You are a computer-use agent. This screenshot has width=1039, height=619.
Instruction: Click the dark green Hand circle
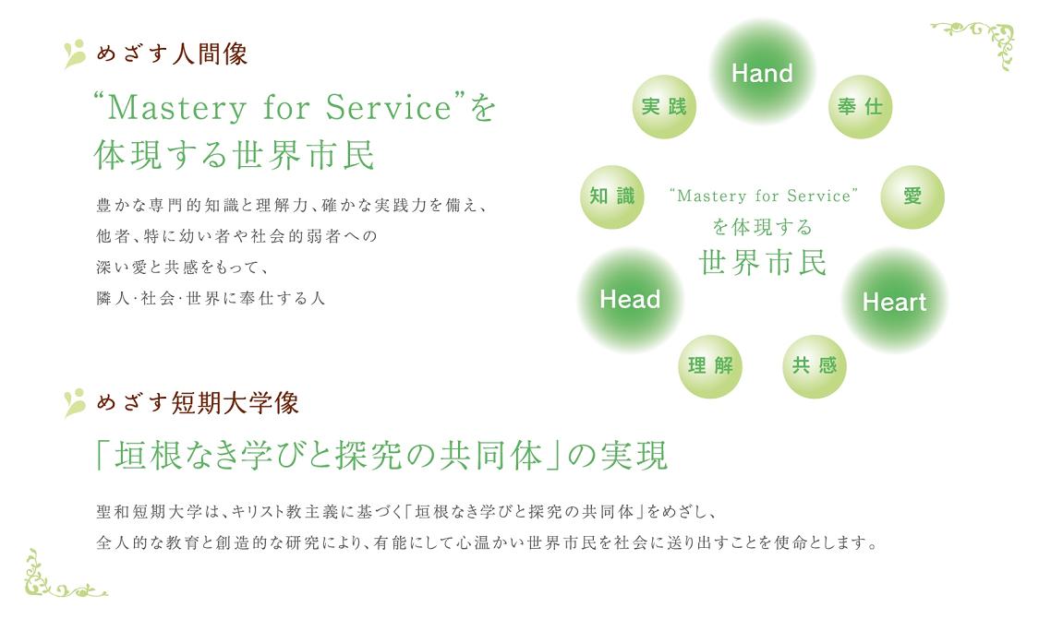pos(762,72)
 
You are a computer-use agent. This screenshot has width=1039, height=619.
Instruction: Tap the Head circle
pos(630,299)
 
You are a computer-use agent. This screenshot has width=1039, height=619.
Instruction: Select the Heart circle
pos(895,302)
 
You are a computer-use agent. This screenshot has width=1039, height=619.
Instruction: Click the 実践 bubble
pos(664,107)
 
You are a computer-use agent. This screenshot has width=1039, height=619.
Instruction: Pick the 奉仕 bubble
pos(860,107)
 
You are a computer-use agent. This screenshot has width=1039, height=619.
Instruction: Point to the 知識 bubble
pos(612,196)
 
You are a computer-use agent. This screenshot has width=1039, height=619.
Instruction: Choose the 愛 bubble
pos(912,196)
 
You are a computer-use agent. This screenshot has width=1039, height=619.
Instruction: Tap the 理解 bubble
pos(710,366)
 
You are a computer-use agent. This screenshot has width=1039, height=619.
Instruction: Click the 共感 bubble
pos(815,366)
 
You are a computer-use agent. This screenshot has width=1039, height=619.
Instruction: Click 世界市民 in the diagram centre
pos(763,263)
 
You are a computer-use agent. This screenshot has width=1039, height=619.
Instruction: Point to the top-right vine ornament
pos(974,43)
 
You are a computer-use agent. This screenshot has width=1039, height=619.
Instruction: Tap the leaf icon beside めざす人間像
pos(75,54)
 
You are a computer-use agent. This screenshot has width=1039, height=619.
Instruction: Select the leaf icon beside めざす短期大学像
pos(75,402)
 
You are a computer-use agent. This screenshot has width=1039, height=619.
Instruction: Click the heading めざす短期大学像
pos(198,403)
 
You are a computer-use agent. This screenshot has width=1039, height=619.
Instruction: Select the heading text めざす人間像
pos(173,54)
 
